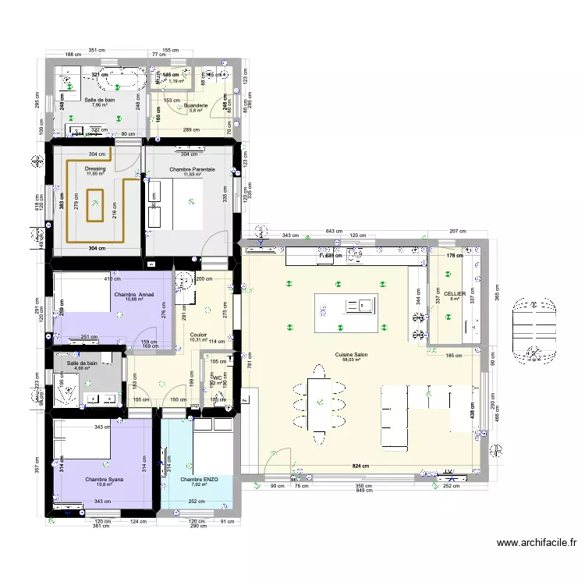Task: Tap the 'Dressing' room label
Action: [x=95, y=168]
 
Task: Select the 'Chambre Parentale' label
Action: [x=187, y=168]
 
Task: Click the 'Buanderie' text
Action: [x=195, y=105]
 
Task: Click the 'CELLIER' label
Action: [x=455, y=293]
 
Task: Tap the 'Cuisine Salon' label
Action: [x=351, y=354]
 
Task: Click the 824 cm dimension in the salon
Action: [x=360, y=466]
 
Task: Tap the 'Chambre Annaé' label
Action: [x=134, y=294]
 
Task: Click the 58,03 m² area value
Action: [x=351, y=360]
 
